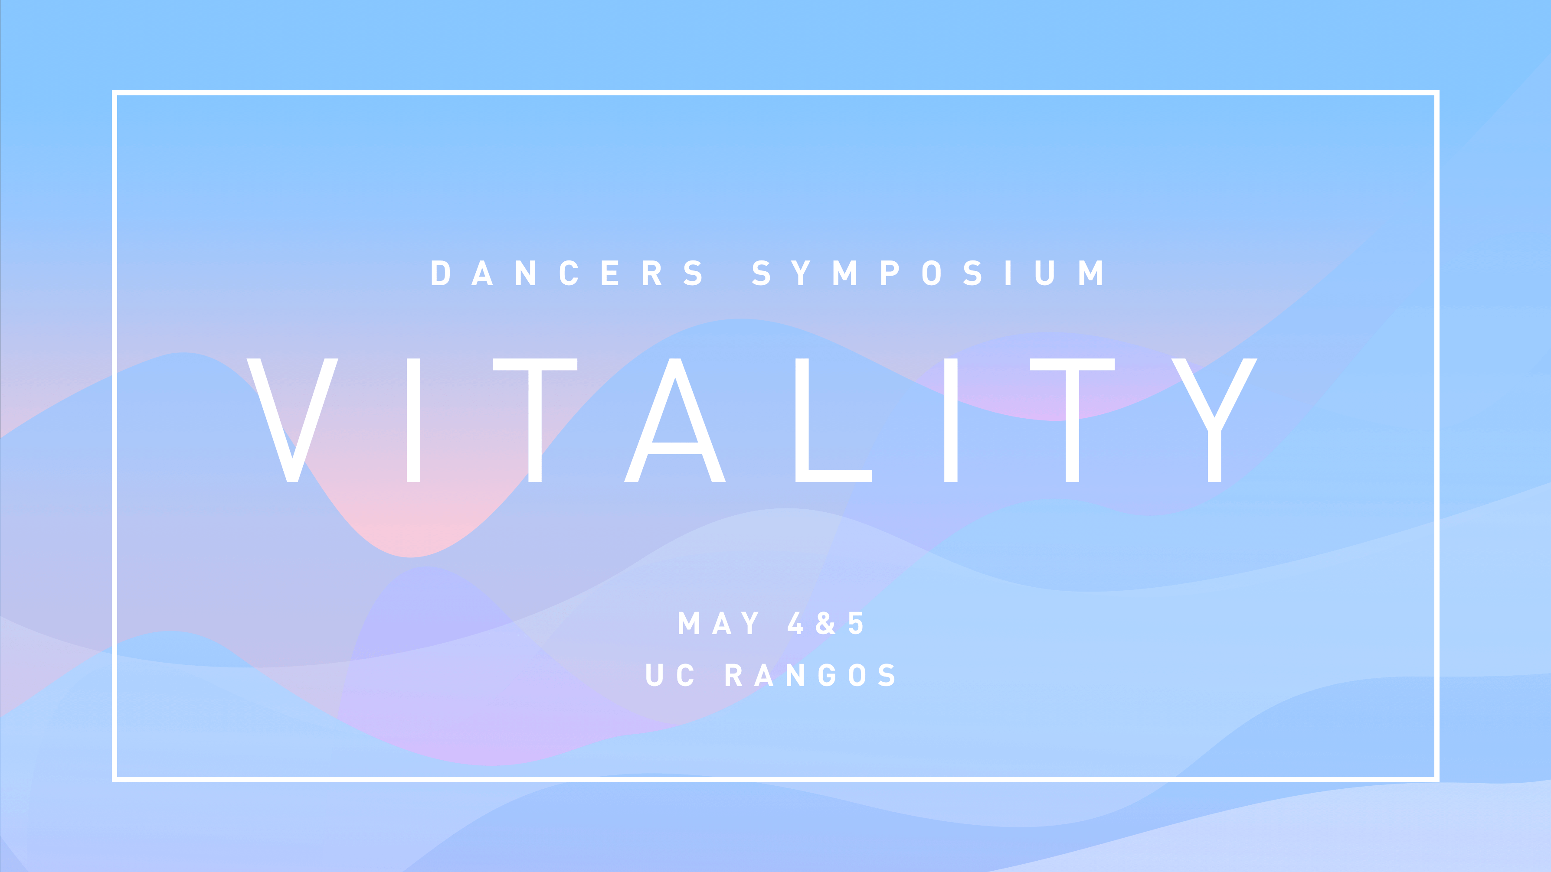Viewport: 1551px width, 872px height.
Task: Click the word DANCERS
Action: pyautogui.click(x=566, y=273)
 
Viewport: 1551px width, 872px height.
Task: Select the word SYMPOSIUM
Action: pyautogui.click(x=927, y=273)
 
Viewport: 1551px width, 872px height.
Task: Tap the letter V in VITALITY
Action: pyautogui.click(x=293, y=420)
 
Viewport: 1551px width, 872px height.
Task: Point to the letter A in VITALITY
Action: pyautogui.click(x=675, y=420)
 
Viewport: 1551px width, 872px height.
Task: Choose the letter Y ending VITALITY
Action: pyautogui.click(x=1214, y=420)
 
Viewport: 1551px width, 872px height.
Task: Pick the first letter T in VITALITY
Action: pyautogui.click(x=535, y=420)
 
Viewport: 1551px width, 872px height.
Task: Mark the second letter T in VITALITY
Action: pyautogui.click(x=1072, y=420)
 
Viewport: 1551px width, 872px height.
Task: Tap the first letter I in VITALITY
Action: pyautogui.click(x=414, y=420)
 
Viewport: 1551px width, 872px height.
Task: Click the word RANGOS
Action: pyautogui.click(x=811, y=675)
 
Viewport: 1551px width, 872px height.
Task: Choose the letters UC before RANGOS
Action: pyautogui.click(x=670, y=675)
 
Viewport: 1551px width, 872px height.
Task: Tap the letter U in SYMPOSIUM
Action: pyautogui.click(x=1045, y=273)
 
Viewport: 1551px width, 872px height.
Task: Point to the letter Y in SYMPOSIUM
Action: pyautogui.click(x=800, y=273)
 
